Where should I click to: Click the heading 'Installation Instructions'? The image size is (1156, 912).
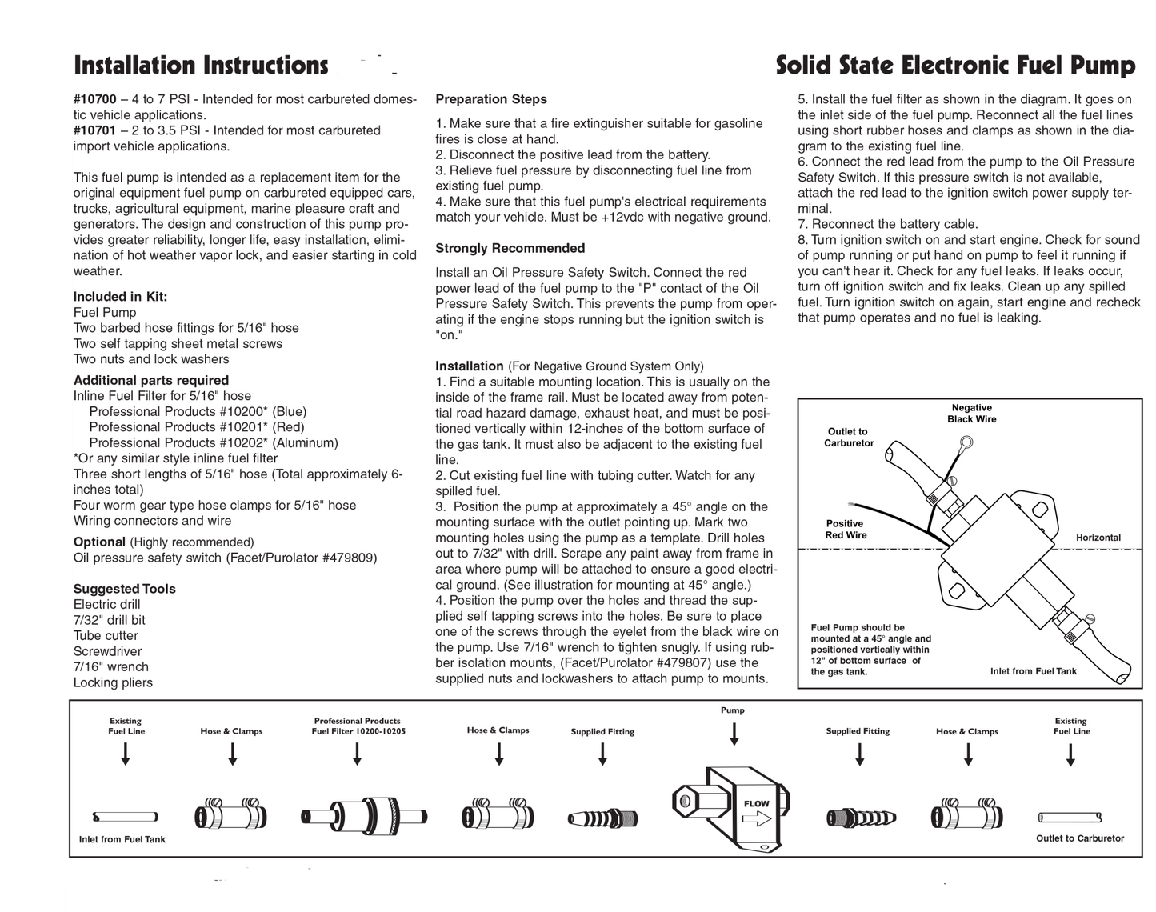point(200,66)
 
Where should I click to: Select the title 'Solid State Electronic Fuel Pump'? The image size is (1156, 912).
point(955,66)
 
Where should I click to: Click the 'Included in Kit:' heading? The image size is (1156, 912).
point(120,297)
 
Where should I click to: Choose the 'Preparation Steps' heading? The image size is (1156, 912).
point(491,99)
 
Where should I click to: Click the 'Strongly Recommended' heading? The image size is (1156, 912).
point(510,248)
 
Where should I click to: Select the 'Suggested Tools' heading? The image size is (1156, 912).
point(124,589)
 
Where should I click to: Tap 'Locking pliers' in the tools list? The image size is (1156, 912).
point(113,682)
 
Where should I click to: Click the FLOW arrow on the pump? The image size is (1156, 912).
point(756,817)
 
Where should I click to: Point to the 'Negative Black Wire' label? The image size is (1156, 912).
point(971,414)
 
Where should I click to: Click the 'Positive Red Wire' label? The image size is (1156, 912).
point(846,530)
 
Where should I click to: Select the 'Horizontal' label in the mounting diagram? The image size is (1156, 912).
point(1098,538)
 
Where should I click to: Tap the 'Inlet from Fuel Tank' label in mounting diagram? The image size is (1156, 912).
point(1033,671)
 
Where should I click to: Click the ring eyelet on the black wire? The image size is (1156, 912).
point(967,442)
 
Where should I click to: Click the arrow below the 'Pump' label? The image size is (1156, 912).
point(734,734)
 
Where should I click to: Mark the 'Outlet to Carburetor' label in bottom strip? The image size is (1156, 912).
point(1079,838)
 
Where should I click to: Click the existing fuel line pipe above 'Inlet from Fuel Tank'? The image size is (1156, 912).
point(125,817)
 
